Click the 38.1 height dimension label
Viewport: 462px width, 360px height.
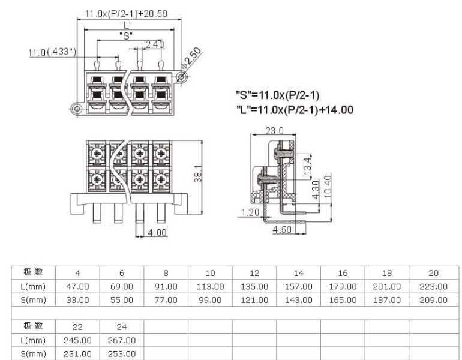point(198,174)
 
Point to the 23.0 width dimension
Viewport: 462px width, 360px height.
point(274,131)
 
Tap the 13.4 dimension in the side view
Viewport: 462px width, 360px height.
point(307,165)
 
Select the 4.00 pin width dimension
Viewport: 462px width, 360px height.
point(157,233)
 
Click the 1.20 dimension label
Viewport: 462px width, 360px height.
point(250,212)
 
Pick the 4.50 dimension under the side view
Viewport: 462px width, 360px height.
point(282,229)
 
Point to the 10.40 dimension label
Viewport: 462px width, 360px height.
point(328,186)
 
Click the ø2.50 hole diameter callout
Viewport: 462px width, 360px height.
point(191,58)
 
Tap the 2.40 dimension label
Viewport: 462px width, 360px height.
point(155,44)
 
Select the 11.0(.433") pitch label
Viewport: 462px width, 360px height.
point(52,52)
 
